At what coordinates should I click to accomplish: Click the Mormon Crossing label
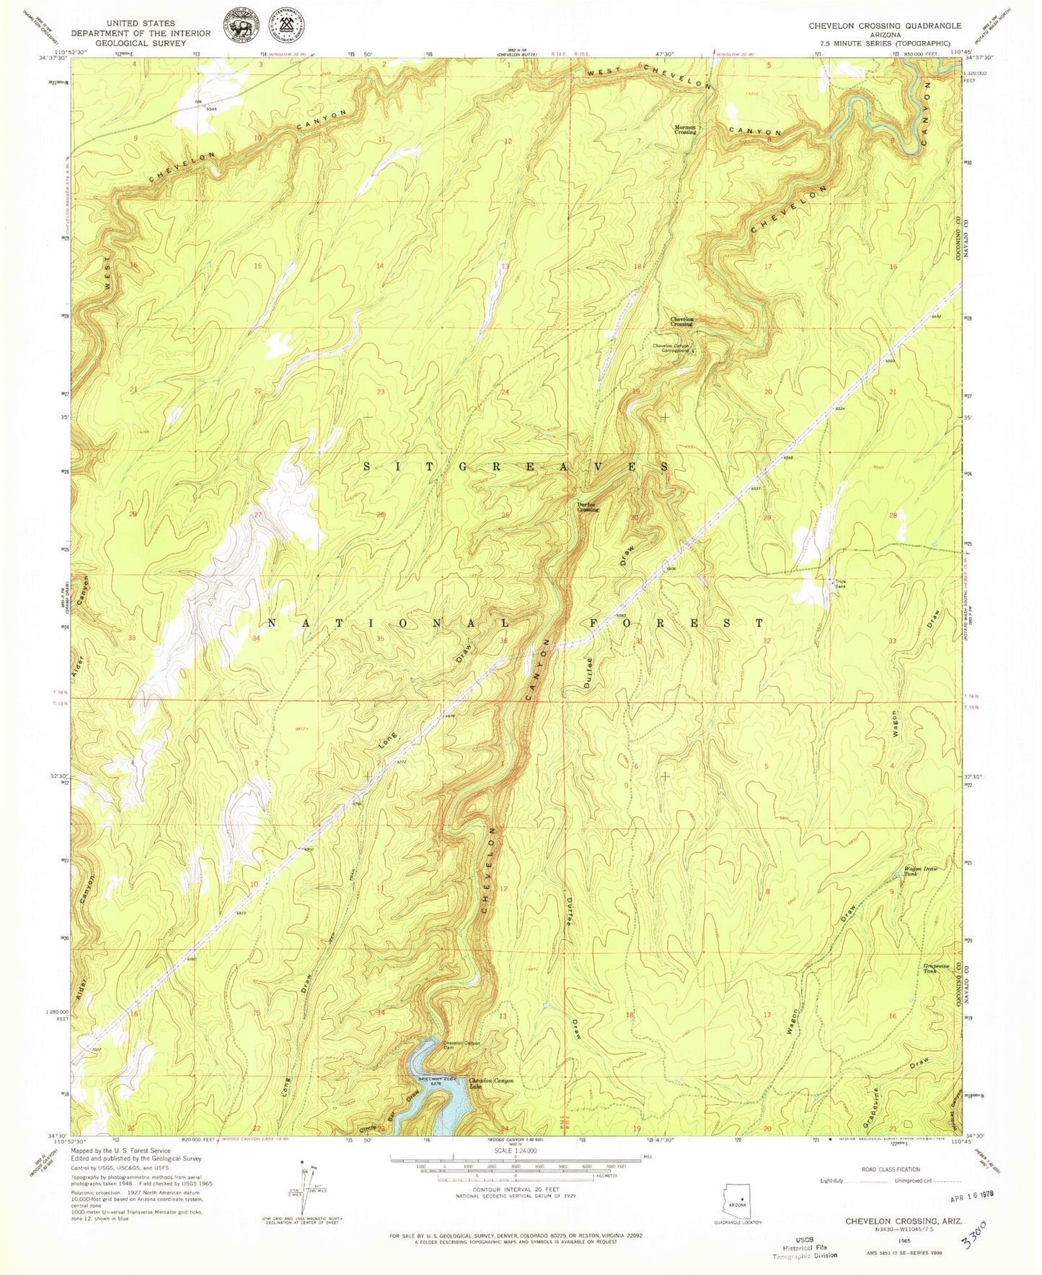[686, 130]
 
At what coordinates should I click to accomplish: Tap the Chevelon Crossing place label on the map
[681, 321]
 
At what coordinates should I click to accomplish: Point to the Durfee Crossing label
[587, 507]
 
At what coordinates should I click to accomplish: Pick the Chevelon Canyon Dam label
[462, 1046]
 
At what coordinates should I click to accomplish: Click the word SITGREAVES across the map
[516, 467]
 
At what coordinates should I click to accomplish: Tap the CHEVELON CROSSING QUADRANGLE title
[884, 25]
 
